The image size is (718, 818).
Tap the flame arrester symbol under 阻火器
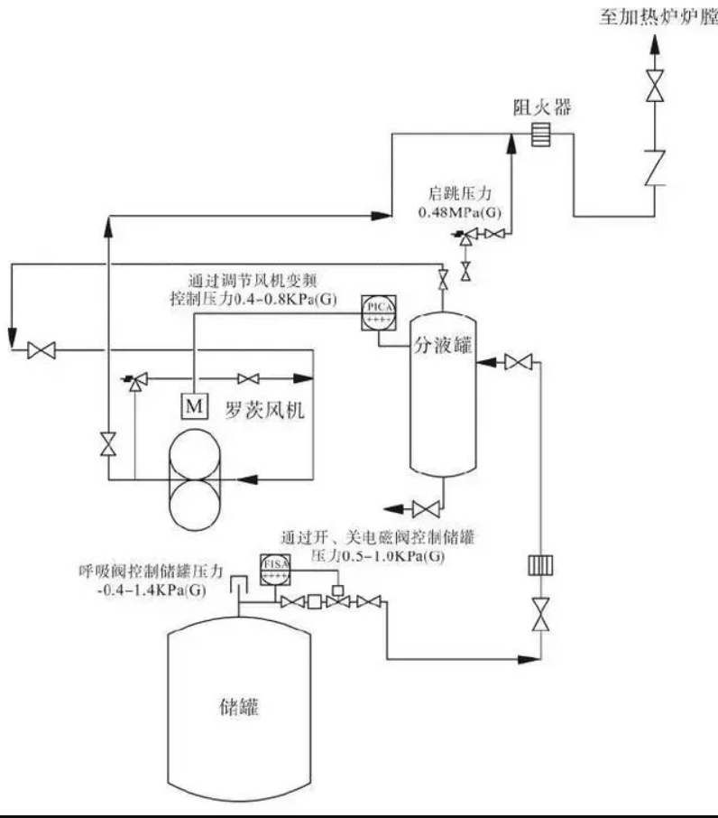(538, 135)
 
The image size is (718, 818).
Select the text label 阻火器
(538, 109)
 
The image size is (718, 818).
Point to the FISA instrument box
(275, 567)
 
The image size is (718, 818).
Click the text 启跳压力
(458, 193)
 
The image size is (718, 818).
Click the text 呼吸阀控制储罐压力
(150, 572)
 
